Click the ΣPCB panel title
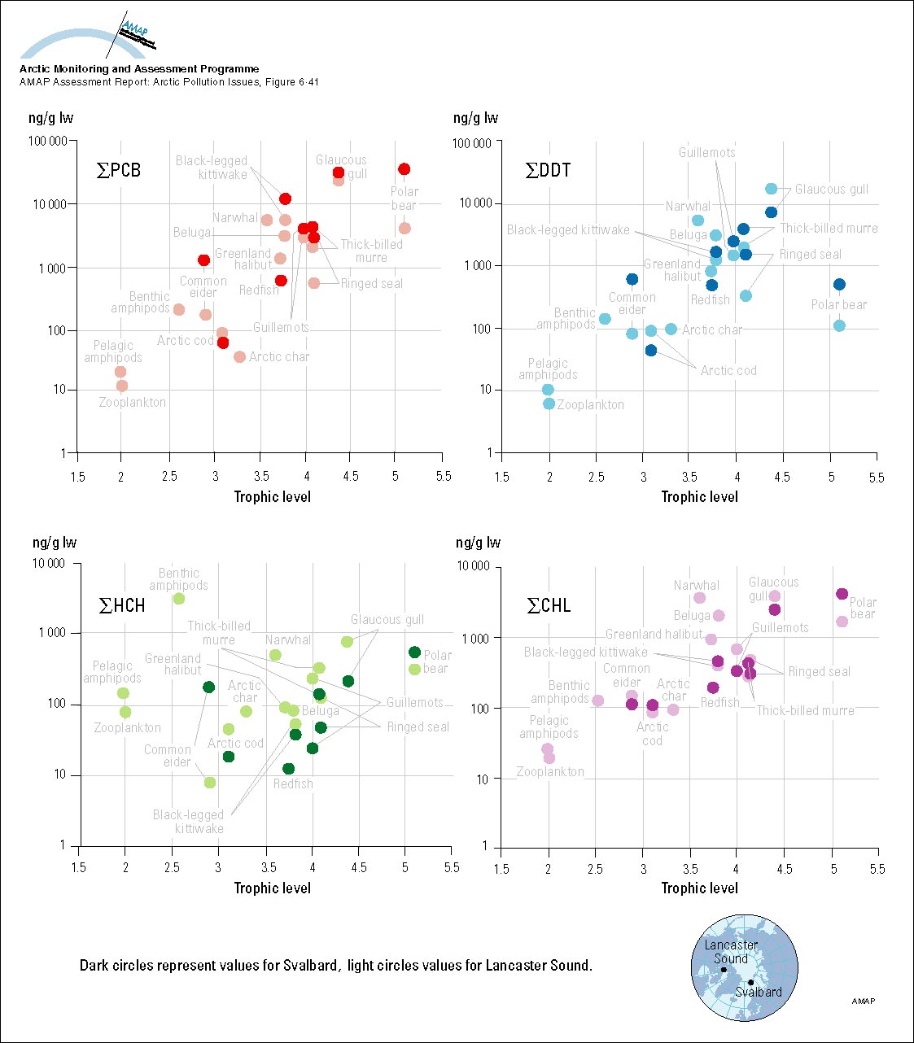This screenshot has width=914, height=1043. pyautogui.click(x=119, y=171)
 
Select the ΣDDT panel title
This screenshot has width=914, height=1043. pyautogui.click(x=548, y=171)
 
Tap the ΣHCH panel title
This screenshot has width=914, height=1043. pyautogui.click(x=122, y=606)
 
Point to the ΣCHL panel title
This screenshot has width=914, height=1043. pyautogui.click(x=549, y=606)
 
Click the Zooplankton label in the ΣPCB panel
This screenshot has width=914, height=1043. pyautogui.click(x=133, y=403)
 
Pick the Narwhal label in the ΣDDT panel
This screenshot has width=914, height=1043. pyautogui.click(x=688, y=207)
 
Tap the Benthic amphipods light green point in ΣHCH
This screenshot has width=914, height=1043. pyautogui.click(x=179, y=599)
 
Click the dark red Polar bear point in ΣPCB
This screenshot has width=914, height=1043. pyautogui.click(x=404, y=169)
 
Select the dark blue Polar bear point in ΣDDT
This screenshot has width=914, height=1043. pyautogui.click(x=839, y=285)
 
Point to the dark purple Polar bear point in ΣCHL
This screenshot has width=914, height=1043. pyautogui.click(x=842, y=595)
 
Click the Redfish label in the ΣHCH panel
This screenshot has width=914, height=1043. pyautogui.click(x=293, y=784)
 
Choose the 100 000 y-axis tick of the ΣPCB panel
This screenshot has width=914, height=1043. pyautogui.click(x=48, y=142)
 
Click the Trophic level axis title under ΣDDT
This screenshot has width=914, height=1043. pyautogui.click(x=699, y=497)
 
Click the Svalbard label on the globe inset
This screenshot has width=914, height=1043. pyautogui.click(x=759, y=993)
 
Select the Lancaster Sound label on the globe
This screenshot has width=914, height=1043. pyautogui.click(x=731, y=952)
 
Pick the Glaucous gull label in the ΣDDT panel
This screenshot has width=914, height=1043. pyautogui.click(x=831, y=190)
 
